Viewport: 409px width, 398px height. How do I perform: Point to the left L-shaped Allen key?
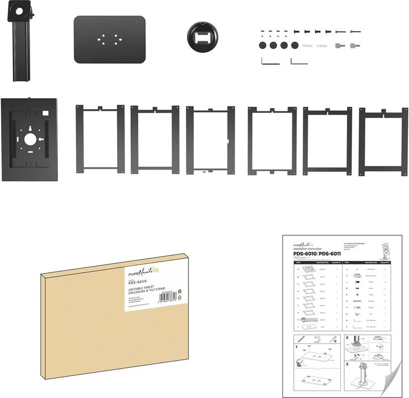click(270, 61)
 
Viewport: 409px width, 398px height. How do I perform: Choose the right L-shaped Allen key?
click(299, 61)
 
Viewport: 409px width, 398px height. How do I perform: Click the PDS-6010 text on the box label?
click(138, 281)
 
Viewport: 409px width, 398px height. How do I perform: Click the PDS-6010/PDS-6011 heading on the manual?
click(316, 253)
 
